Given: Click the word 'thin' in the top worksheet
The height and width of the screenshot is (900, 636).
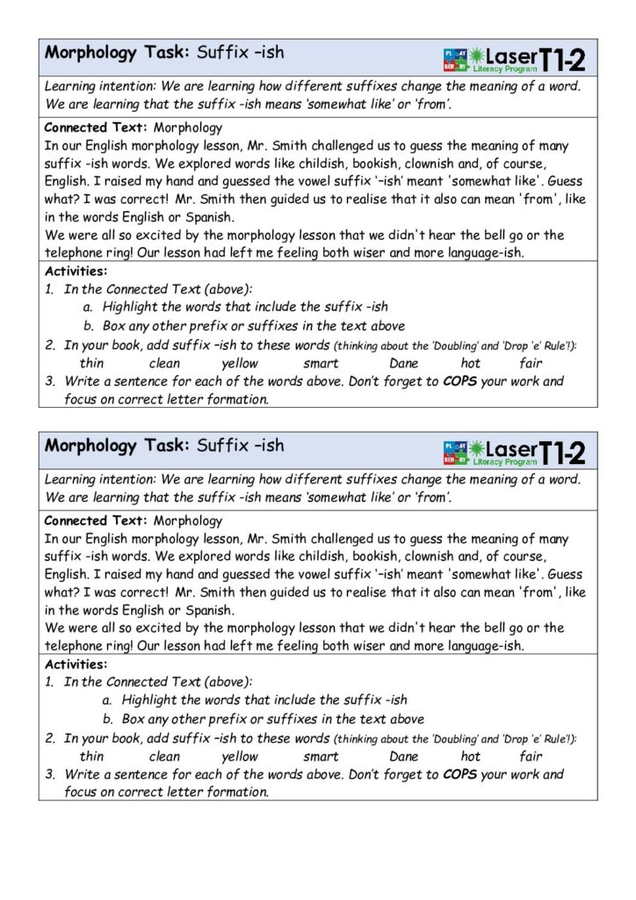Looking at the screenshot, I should point(91,363).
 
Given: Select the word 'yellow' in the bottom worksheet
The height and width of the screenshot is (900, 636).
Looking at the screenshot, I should point(240,756).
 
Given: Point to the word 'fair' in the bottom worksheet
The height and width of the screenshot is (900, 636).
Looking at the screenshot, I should point(531,756).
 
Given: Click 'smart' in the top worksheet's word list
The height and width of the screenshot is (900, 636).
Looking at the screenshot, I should point(321,363).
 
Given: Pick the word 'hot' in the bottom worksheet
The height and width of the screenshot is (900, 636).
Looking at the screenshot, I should point(471,756).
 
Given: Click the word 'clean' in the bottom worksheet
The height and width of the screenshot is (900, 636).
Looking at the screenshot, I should point(165,756).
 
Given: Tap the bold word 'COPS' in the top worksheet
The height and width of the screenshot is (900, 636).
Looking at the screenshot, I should point(460,381).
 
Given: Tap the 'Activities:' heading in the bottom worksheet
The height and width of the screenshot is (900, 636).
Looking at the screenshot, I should point(76,664).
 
